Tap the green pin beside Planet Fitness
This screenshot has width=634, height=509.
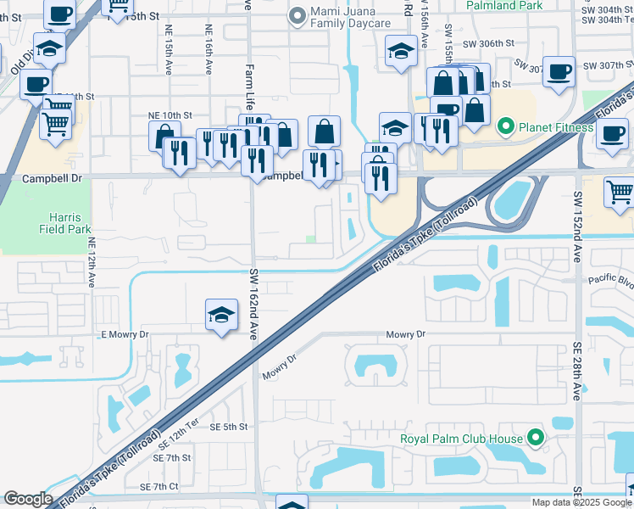coord(507,128)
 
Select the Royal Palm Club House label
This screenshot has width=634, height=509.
coord(463,439)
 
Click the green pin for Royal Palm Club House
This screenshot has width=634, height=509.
coord(536,439)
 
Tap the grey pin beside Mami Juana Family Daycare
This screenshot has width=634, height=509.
coord(296,14)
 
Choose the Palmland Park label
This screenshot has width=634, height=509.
coord(503,5)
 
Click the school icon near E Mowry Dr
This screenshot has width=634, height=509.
coord(220,315)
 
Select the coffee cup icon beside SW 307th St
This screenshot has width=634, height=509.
coord(559,72)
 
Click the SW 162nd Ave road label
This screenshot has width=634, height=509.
coord(253,305)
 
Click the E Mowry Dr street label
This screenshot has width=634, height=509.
coord(125,335)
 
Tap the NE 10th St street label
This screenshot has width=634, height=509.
coord(171,115)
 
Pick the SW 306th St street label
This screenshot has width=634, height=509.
coord(488,42)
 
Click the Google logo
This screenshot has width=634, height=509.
coord(28,499)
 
